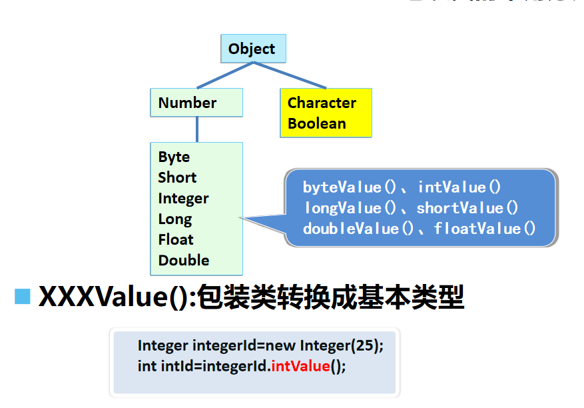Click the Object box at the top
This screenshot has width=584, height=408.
tap(252, 49)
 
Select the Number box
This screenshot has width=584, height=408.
tap(196, 103)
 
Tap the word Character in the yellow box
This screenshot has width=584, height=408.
tap(322, 103)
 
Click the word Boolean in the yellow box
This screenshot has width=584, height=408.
tap(316, 123)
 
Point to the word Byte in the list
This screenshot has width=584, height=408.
tap(174, 157)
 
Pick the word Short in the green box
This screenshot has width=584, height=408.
tap(177, 177)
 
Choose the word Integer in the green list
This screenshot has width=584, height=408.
tap(183, 198)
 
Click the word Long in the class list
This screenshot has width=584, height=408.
tap(174, 219)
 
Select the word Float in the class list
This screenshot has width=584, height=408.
tap(176, 239)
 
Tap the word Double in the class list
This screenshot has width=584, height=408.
tap(183, 260)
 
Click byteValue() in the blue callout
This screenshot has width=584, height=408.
tap(351, 187)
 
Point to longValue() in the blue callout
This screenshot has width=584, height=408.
tap(351, 208)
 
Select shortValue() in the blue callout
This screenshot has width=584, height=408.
tap(467, 208)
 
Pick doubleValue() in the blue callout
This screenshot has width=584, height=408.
tap(360, 229)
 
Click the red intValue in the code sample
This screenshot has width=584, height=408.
tap(301, 366)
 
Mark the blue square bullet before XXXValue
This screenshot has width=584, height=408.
tap(23, 296)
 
